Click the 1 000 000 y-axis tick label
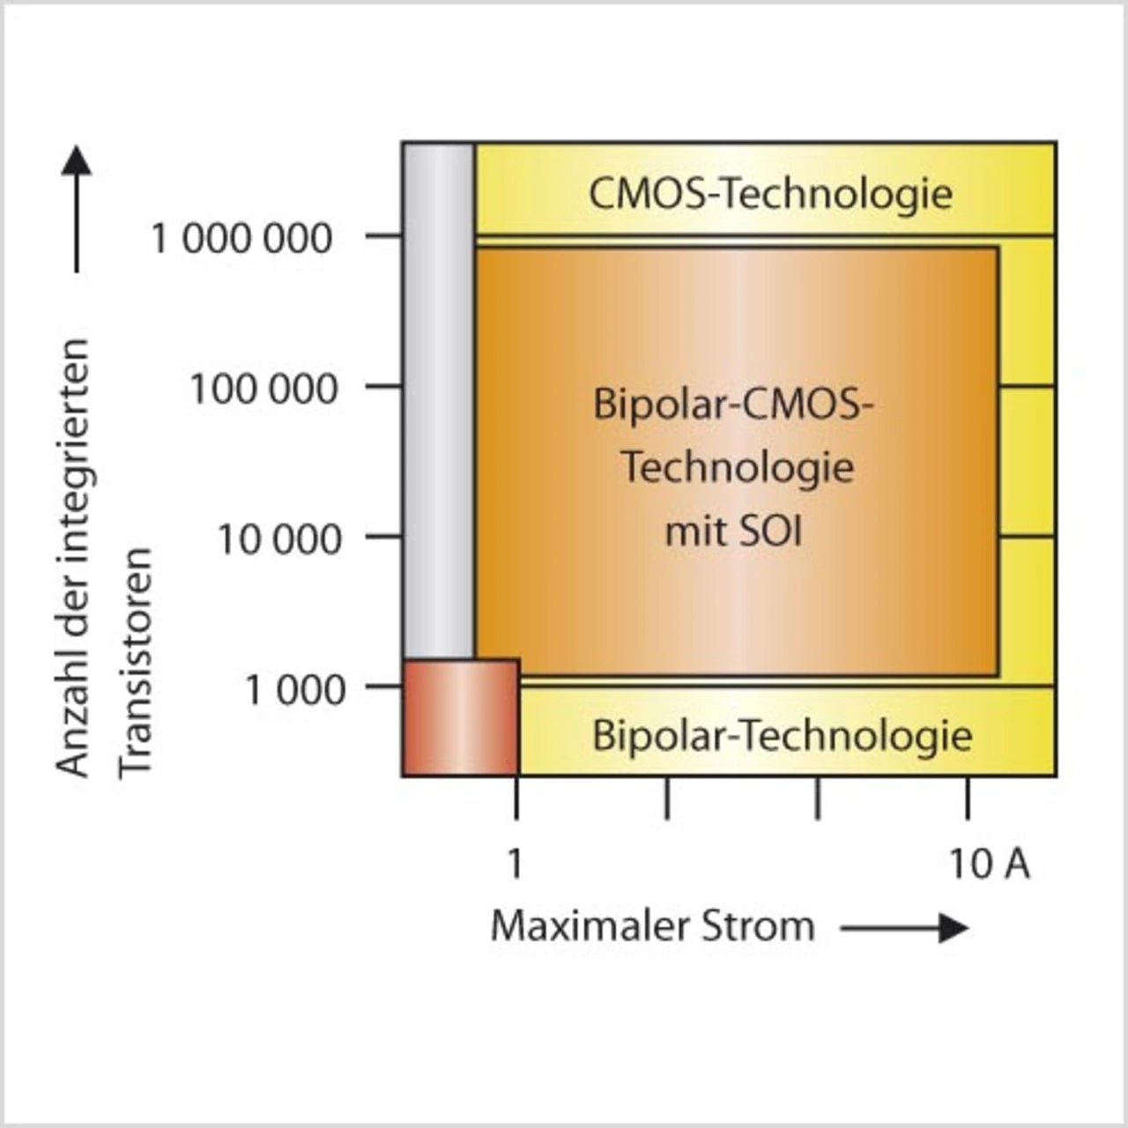(241, 239)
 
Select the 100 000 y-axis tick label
(263, 389)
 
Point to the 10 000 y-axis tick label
(278, 539)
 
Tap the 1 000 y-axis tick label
(294, 690)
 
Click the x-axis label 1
(516, 864)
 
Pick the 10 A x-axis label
(989, 864)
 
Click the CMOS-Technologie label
(770, 194)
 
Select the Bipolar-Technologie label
(782, 736)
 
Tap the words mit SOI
(733, 532)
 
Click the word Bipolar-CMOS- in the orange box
(733, 404)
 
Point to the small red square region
(460, 717)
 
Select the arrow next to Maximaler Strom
(905, 928)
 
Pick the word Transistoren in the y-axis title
(137, 662)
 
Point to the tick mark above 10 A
(968, 798)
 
